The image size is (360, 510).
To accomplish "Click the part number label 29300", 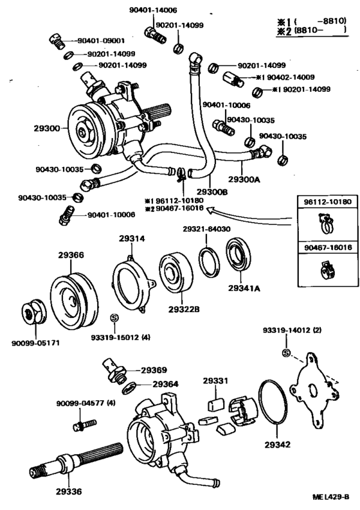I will pyautogui.click(x=46, y=128).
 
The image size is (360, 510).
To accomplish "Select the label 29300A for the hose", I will pyautogui.click(x=244, y=180).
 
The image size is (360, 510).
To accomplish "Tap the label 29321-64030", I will pyautogui.click(x=206, y=229).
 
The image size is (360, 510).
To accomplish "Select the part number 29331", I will pyautogui.click(x=215, y=381).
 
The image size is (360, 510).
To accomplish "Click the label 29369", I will pyautogui.click(x=154, y=371).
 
